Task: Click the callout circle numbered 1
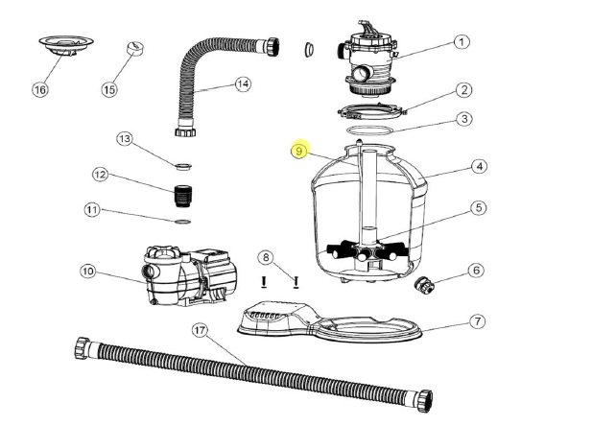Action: (462, 41)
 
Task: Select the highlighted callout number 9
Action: (300, 151)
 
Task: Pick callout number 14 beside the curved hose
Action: (243, 84)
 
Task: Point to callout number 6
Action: (475, 272)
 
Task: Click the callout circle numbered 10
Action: (87, 272)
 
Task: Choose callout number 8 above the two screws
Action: (266, 256)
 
